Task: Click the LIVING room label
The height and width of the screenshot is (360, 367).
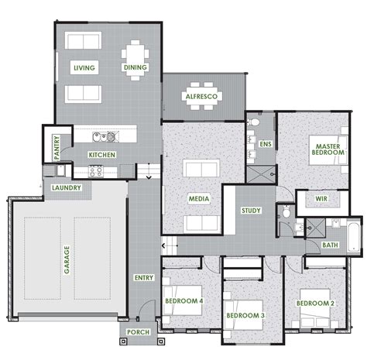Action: pos(84,68)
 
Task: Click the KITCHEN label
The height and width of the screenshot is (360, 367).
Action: pos(102,156)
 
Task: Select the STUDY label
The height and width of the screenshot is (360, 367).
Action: pos(250,210)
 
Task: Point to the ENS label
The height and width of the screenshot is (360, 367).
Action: pos(266,144)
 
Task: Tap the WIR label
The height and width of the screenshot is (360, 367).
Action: pos(321,199)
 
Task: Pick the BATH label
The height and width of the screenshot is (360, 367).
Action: pos(330,245)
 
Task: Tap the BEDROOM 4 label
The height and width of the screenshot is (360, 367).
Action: pos(183,300)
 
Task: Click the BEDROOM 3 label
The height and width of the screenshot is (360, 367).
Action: pos(245,316)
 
